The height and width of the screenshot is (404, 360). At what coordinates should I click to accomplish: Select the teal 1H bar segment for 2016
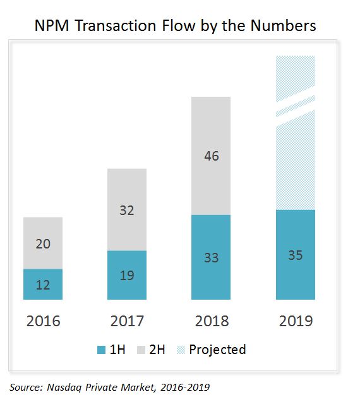(x=43, y=284)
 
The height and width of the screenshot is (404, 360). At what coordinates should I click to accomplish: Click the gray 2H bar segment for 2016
(x=43, y=243)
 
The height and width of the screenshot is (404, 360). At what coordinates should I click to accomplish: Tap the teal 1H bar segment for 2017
(x=127, y=275)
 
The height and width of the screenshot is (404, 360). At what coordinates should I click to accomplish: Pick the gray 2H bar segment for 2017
(x=127, y=210)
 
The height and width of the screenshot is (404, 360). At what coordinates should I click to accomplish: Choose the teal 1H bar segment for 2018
(x=211, y=257)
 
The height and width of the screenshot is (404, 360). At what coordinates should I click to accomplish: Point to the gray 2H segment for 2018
(x=211, y=156)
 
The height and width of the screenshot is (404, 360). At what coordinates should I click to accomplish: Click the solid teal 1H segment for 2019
(x=295, y=255)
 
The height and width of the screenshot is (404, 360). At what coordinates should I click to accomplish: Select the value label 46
(x=211, y=156)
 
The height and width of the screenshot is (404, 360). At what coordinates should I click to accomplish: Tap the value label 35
(x=295, y=255)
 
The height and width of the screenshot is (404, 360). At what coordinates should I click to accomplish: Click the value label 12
(x=43, y=285)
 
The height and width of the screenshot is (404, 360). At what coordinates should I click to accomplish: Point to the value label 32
(x=127, y=210)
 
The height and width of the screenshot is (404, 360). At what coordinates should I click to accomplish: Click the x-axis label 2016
(x=43, y=321)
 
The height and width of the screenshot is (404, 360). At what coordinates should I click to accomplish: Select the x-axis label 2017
(x=127, y=321)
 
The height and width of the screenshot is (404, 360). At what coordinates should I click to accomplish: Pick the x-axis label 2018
(x=211, y=321)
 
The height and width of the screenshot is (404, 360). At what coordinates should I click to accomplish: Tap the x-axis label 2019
(x=295, y=321)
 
